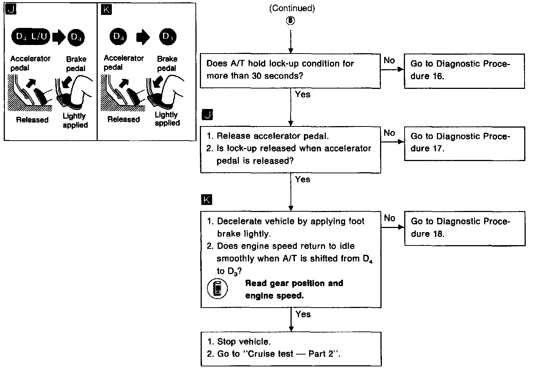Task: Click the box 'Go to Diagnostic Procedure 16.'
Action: pyautogui.click(x=464, y=71)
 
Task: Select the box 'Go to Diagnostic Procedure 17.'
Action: pyautogui.click(x=464, y=143)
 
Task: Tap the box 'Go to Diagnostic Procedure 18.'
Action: pyautogui.click(x=464, y=228)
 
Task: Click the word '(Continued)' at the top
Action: pyautogui.click(x=292, y=9)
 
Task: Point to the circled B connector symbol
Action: pyautogui.click(x=291, y=21)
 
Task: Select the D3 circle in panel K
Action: pyautogui.click(x=168, y=36)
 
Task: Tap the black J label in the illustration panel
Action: pyautogui.click(x=11, y=9)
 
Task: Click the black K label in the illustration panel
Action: pyautogui.click(x=106, y=9)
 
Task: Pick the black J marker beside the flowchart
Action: pyautogui.click(x=207, y=115)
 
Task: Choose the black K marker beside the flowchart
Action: pyautogui.click(x=207, y=200)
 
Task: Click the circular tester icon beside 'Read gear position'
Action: pyautogui.click(x=217, y=289)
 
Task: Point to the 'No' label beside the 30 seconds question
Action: pyautogui.click(x=389, y=60)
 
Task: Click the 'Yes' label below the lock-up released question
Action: pyautogui.click(x=302, y=179)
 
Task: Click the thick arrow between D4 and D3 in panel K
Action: pyautogui.click(x=143, y=37)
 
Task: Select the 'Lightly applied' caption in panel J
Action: pyautogui.click(x=75, y=121)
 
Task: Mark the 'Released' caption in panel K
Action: pyautogui.click(x=123, y=119)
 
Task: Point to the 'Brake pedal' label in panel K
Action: pyautogui.click(x=167, y=63)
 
